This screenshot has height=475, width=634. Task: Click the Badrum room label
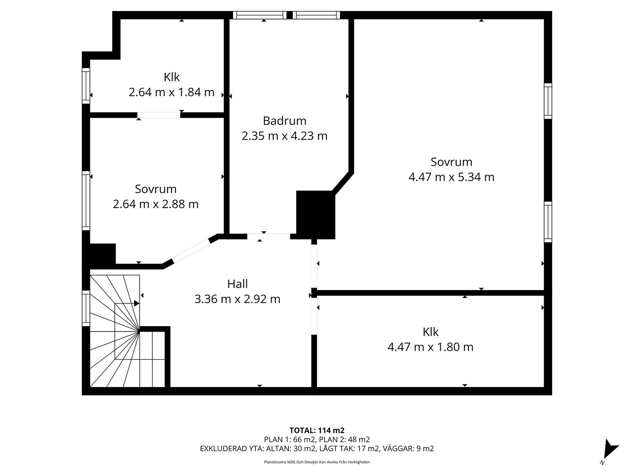point(284,121)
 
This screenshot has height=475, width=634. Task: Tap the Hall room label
point(237,284)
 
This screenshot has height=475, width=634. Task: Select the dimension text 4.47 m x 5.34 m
point(451,177)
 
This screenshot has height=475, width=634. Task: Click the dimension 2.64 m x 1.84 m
point(172,92)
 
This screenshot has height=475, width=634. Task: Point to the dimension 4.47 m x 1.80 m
point(430,347)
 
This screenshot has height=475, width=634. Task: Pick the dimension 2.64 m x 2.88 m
point(156,204)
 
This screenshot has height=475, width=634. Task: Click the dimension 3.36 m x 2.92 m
point(237,299)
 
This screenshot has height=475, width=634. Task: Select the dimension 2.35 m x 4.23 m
point(284,136)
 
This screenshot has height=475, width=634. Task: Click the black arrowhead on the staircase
point(137,303)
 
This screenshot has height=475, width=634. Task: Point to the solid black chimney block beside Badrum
point(316,215)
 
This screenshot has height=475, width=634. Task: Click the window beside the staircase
point(86,308)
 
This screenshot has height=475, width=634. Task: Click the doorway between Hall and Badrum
point(269,236)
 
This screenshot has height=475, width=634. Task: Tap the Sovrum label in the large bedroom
point(451,162)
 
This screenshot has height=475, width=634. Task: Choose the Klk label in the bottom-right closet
point(430,332)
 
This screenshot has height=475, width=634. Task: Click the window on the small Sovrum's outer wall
point(86,201)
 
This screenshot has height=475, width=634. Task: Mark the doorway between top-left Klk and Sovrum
point(159,115)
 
